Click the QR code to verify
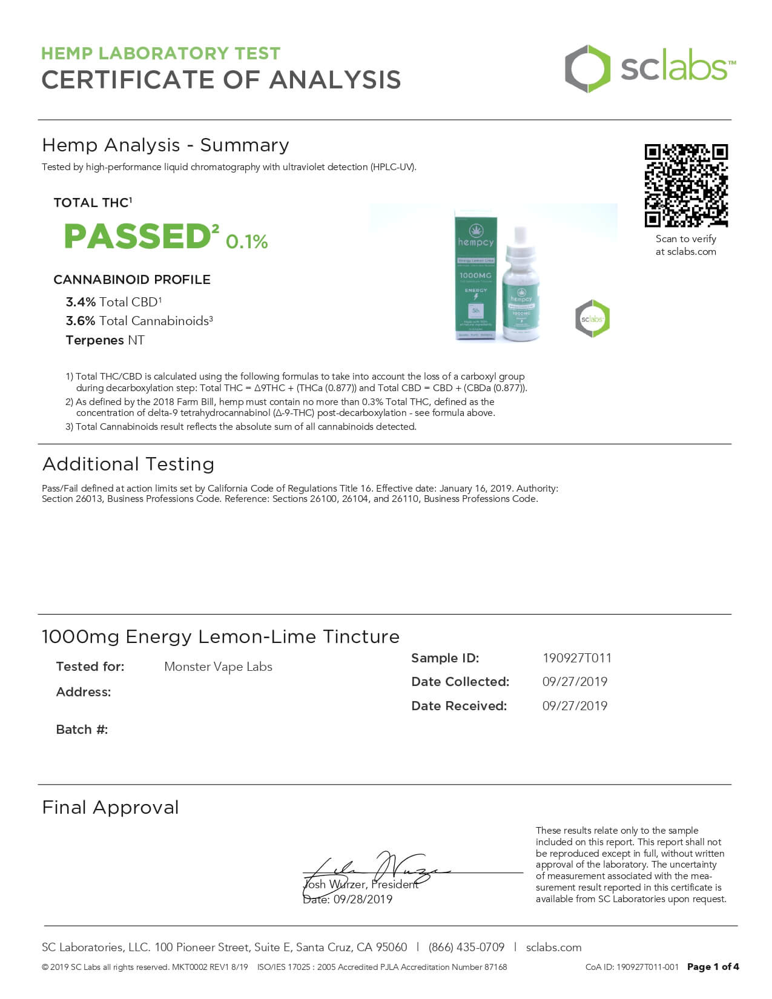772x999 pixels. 686,185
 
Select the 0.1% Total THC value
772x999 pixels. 247,242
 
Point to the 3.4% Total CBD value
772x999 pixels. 81,302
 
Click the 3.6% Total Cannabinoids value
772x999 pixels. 81,321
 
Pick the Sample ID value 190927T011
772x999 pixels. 577,658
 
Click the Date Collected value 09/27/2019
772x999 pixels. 575,682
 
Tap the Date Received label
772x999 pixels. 459,706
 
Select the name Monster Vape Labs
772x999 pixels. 218,667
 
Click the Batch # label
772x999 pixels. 82,730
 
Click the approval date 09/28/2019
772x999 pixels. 363,900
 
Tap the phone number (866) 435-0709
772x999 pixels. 466,948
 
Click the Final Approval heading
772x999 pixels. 110,808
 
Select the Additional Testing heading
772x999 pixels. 128,464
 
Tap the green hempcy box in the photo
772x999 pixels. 475,275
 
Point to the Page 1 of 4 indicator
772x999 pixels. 713,967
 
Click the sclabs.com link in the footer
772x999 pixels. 553,948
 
